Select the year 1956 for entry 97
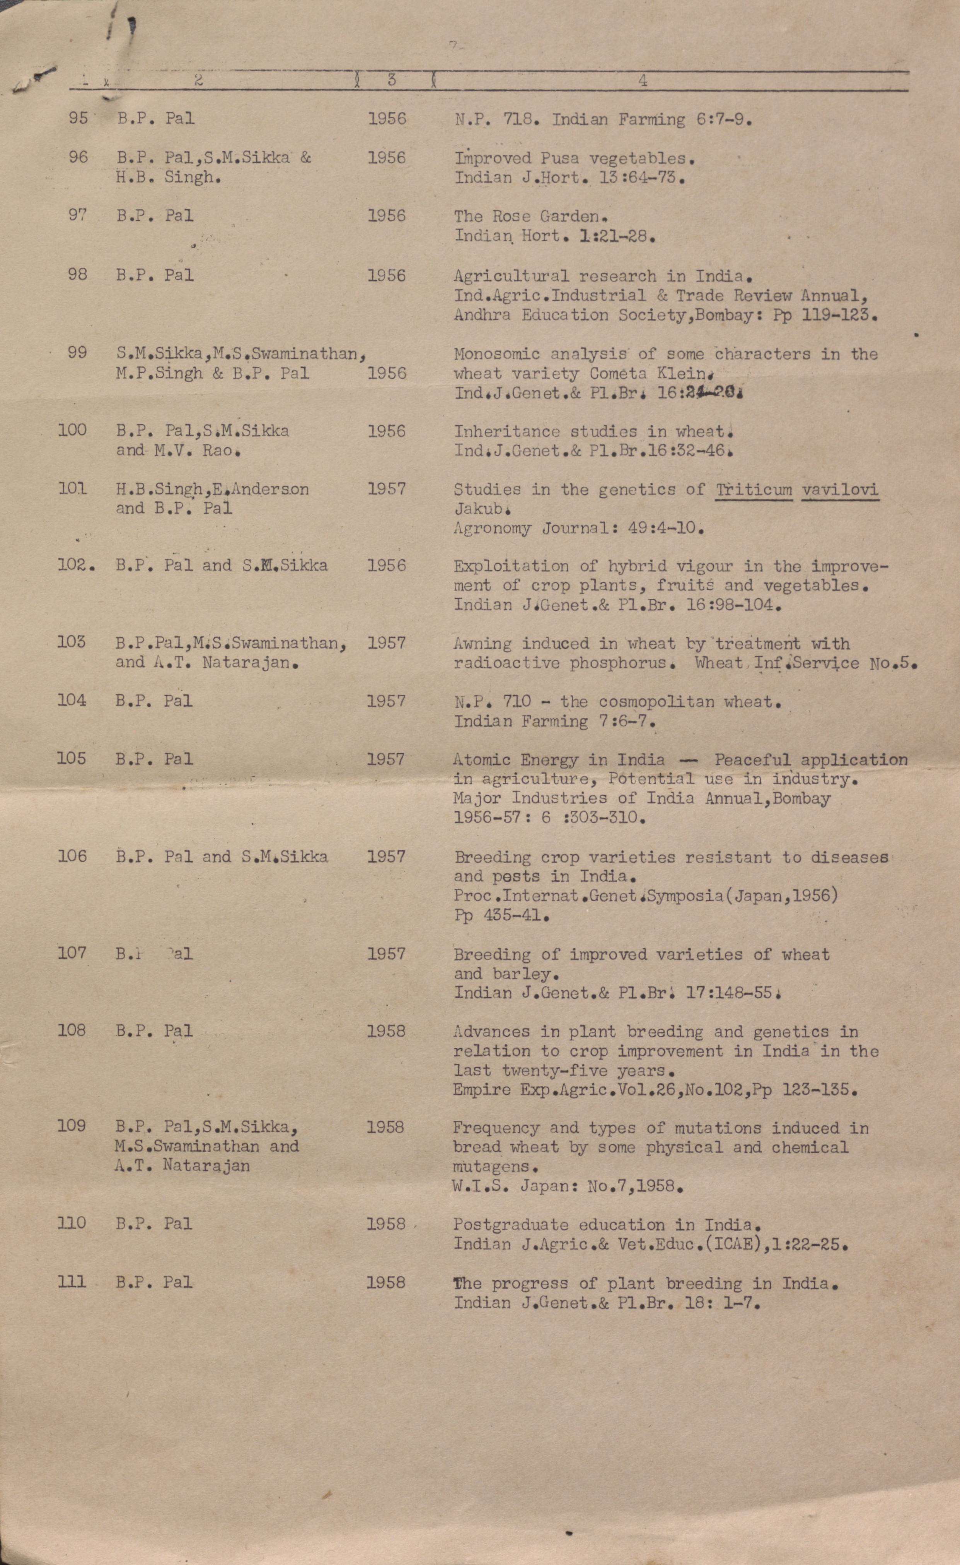pos(386,216)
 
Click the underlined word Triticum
pos(754,490)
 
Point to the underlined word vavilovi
pos(839,490)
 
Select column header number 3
pos(392,80)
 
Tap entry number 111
pos(71,1282)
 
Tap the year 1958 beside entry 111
pos(386,1282)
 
